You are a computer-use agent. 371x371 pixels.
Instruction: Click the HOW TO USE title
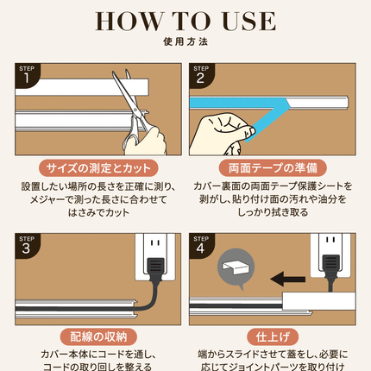[185, 21]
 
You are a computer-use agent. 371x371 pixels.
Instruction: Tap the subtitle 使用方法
[185, 41]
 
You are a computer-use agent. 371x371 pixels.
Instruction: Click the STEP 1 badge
[28, 75]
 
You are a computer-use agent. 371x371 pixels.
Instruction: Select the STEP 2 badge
[202, 75]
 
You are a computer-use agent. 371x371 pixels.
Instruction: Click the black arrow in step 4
[288, 279]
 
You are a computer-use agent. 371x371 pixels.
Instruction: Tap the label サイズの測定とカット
[98, 168]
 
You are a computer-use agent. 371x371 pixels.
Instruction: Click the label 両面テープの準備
[273, 168]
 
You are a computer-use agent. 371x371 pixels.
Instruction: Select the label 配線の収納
[98, 336]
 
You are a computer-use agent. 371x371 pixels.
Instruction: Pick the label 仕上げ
[273, 336]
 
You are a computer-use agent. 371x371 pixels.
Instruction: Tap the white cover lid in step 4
[318, 301]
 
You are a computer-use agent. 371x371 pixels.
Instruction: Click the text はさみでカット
[98, 213]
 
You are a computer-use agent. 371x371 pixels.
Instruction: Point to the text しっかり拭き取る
[273, 212]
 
